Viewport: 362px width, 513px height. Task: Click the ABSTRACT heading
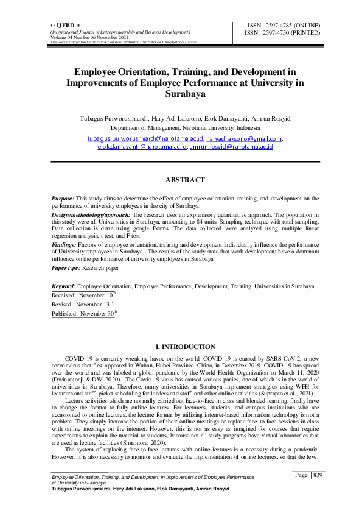(185, 180)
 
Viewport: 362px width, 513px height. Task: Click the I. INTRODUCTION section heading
(185, 347)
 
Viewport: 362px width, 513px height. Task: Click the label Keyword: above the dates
(64, 286)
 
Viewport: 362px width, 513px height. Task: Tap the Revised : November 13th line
(82, 303)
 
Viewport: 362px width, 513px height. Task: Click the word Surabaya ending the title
(185, 94)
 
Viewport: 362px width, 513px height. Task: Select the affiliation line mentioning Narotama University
(185, 129)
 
